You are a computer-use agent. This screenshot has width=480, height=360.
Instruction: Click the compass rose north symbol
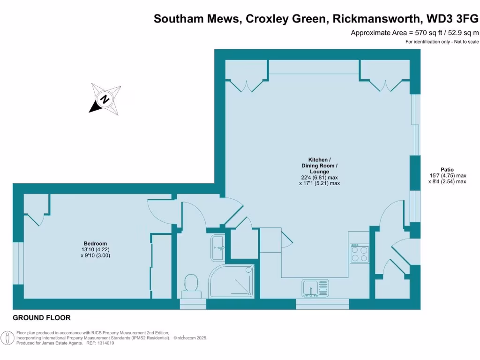pyautogui.click(x=105, y=99)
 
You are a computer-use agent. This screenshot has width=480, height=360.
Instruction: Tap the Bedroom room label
pyautogui.click(x=95, y=244)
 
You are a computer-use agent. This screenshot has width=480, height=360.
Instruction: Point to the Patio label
pyautogui.click(x=447, y=170)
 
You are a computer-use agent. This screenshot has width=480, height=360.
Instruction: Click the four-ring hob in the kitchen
pyautogui.click(x=359, y=253)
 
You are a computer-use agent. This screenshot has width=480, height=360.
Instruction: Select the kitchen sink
pyautogui.click(x=315, y=288)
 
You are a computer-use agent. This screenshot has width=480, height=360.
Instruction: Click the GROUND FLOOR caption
pyautogui.click(x=42, y=318)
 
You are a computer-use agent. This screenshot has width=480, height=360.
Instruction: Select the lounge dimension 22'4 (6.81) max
pyautogui.click(x=319, y=178)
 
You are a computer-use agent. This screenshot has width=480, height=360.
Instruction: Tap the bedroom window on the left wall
pyautogui.click(x=18, y=263)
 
